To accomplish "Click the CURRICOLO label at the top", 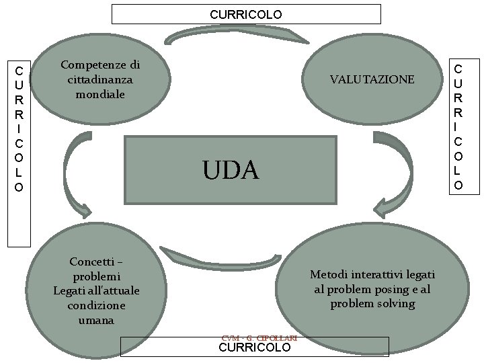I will pos(245,14).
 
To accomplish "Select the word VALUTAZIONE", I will pos(372,79).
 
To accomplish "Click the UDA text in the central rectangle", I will pos(231,170).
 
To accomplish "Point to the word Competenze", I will pos(100,65).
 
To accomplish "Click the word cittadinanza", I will pos(100,79).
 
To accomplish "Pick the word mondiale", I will pos(100,94).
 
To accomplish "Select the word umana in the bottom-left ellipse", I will pos(95,320).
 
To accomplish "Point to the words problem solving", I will pos(372,304).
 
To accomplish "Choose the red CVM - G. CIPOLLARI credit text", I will pos(259,338).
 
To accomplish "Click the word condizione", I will pos(95,305).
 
